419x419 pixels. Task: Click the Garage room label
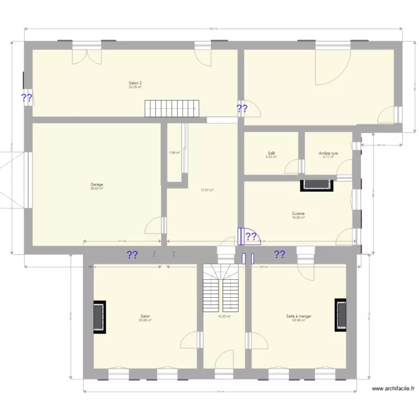tap(97, 184)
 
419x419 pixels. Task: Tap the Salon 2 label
tap(135, 83)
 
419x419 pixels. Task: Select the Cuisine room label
tap(298, 213)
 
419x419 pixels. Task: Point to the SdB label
tap(271, 153)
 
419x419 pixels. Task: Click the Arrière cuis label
tap(328, 153)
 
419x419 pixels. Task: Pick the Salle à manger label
tap(298, 316)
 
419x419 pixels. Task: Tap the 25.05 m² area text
tap(145, 321)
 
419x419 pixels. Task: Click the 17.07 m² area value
tap(207, 190)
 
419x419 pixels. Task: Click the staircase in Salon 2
tap(172, 108)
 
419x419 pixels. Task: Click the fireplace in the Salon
tap(99, 317)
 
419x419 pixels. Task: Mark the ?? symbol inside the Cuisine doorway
tap(251, 237)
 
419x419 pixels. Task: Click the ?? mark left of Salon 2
tap(26, 98)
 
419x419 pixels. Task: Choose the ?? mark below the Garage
tap(132, 255)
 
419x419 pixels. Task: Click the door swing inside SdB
tap(291, 167)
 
